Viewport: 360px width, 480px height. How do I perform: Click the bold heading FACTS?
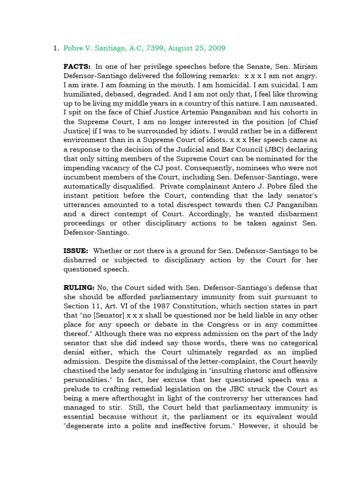(77, 67)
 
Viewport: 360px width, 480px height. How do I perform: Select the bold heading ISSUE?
(76, 251)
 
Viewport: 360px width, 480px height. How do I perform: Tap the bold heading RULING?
(79, 287)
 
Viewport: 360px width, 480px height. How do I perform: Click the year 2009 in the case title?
(217, 48)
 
